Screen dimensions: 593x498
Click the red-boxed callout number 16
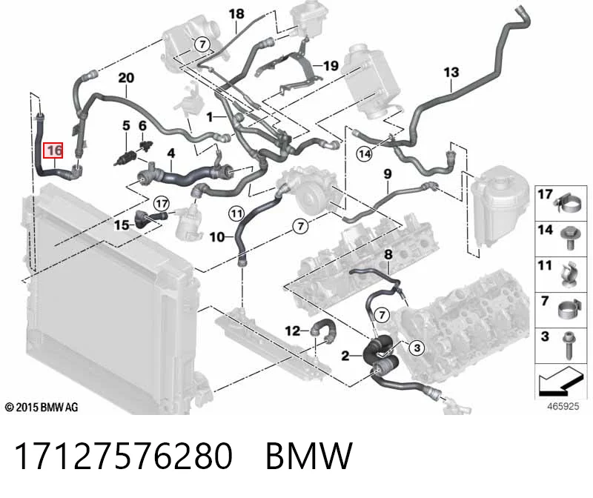point(53,150)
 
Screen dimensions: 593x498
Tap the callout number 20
point(126,78)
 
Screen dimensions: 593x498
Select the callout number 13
point(451,72)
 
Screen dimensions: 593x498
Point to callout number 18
point(236,14)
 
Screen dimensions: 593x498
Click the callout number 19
point(331,66)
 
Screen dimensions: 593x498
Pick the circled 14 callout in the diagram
point(365,154)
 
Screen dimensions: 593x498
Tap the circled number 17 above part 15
point(162,204)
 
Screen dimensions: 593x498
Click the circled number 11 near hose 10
point(236,214)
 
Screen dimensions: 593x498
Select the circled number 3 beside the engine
point(417,348)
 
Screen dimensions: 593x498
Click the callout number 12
point(293,331)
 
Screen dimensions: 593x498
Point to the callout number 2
point(345,356)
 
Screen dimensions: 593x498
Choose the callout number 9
point(388,174)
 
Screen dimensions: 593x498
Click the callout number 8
point(388,254)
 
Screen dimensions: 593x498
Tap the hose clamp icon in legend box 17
point(569,204)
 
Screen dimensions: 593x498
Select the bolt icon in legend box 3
point(568,345)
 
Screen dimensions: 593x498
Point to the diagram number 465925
point(563,406)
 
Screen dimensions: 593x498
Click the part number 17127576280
point(123,456)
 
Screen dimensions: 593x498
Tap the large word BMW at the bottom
point(309,456)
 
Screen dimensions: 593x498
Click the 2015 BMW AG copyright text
point(42,408)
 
